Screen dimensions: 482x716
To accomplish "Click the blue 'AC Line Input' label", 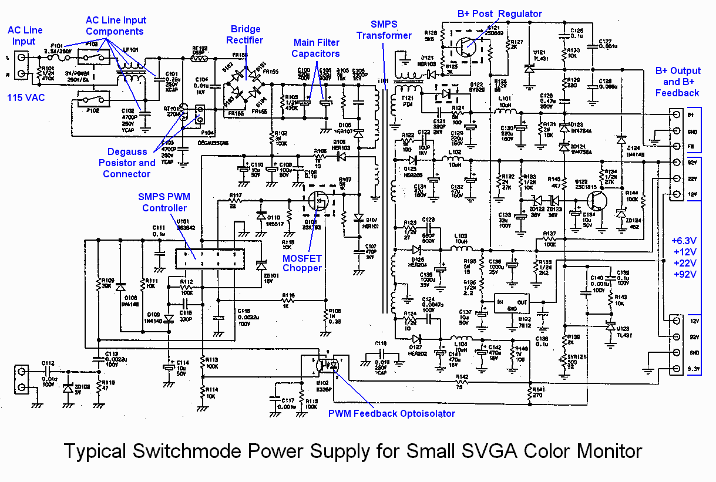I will [24, 36].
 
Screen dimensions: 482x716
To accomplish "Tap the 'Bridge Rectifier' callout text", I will [246, 34].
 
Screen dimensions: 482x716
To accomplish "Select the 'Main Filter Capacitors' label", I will [317, 48].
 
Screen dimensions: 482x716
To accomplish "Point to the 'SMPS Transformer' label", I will [384, 29].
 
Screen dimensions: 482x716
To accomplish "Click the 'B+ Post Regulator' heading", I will [499, 14].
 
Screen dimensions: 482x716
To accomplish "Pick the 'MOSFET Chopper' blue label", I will [303, 262].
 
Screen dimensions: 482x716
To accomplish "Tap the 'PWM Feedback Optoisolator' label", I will [392, 413].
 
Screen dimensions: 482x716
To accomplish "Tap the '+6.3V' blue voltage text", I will [684, 240].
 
